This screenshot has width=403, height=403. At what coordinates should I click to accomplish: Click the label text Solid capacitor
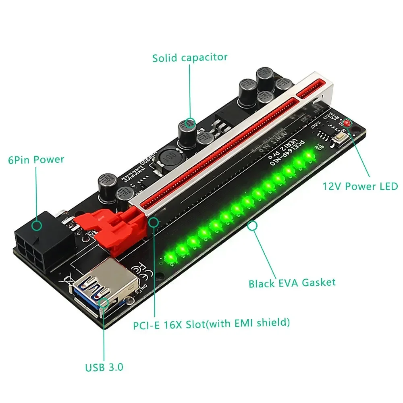(190, 58)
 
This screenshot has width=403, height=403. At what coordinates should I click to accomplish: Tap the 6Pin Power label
(36, 160)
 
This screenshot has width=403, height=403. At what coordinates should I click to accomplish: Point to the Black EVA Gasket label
(292, 283)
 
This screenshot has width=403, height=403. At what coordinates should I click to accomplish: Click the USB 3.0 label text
(104, 368)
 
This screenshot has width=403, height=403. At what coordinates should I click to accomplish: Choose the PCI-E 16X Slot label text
(211, 323)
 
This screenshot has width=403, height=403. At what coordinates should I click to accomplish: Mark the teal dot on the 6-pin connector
(37, 225)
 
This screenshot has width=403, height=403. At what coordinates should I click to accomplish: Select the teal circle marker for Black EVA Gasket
(253, 226)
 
